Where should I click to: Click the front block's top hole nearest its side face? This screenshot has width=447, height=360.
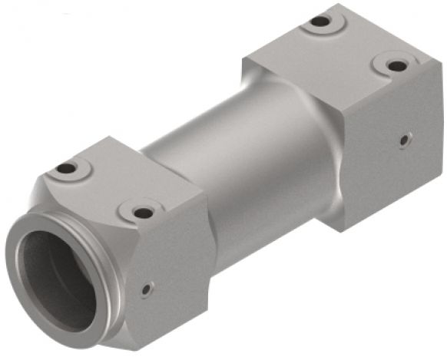tap(142, 212)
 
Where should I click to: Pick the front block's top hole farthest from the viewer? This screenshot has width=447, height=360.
tap(67, 168)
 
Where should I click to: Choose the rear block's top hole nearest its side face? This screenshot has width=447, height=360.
tap(396, 65)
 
